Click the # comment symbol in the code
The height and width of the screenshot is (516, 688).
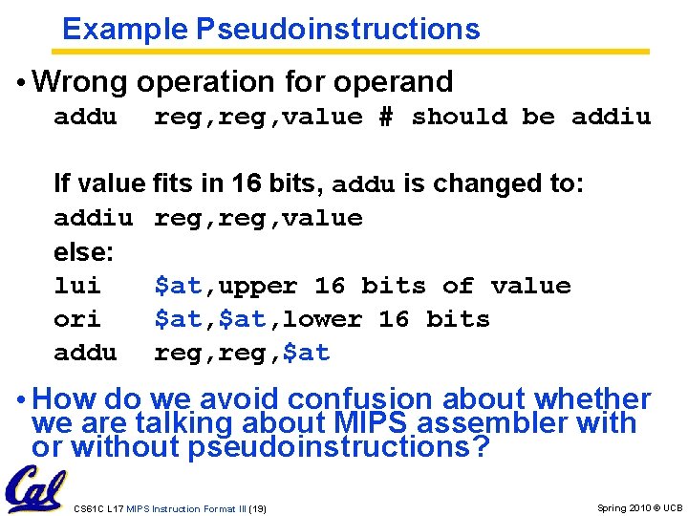386,117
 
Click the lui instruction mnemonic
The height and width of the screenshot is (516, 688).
77,286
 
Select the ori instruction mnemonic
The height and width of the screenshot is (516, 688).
77,319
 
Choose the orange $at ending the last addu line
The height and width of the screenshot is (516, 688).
306,353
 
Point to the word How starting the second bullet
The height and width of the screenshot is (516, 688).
63,399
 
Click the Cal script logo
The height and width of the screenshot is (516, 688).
34,489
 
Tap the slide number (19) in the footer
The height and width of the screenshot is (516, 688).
256,508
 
